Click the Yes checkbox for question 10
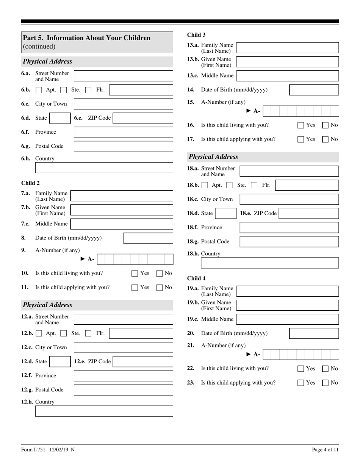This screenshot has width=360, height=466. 135,273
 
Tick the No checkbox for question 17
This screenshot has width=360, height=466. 325,139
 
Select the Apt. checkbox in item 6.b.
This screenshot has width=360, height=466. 39,90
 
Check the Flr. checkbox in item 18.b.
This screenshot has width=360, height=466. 254,185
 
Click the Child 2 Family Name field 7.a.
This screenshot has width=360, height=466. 122,196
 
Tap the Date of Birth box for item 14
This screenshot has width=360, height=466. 314,90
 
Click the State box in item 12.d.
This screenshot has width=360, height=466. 59,361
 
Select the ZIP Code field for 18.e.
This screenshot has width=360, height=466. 309,213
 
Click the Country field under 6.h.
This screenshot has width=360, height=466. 104,167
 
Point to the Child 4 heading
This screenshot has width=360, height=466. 196,278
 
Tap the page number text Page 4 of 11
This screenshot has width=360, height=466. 325,450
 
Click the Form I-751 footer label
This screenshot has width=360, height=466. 48,450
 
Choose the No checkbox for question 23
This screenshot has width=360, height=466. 325,383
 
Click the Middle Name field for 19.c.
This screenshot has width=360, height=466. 287,319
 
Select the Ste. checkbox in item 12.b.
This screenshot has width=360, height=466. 64,334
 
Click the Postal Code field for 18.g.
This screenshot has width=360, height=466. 289,241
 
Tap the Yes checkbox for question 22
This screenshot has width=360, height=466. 301,369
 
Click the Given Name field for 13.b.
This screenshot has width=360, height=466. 287,62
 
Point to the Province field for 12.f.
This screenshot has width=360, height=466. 123,375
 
